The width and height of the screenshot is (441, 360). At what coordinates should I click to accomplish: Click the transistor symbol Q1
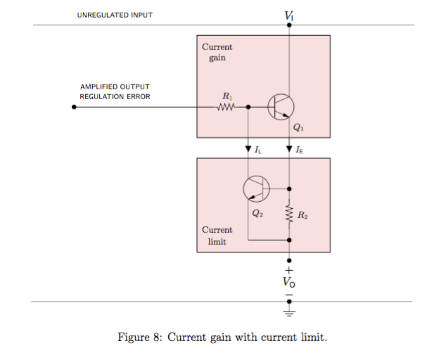pos(281,107)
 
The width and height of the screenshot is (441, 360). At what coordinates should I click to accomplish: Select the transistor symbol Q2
pos(255,188)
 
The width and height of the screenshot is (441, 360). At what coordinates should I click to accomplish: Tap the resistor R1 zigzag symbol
pos(226,107)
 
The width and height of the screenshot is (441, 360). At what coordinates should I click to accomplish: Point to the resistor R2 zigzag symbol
pos(289,214)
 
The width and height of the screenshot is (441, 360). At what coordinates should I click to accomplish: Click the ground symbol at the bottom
pos(289,307)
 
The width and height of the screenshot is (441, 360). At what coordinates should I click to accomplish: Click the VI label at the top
pos(289,15)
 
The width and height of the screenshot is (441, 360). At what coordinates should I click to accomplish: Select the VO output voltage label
pos(289,281)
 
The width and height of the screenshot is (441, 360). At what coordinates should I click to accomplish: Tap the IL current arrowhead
pos(248,149)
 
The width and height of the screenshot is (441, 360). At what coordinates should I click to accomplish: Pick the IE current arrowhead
pos(289,149)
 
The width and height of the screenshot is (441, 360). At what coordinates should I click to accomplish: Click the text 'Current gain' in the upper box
pos(217,52)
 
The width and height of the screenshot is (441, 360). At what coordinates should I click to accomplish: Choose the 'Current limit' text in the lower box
pos(217,236)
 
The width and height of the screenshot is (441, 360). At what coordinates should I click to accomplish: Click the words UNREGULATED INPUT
pos(115,15)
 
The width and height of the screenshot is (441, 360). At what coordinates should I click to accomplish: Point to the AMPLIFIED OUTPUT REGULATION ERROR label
pos(115,91)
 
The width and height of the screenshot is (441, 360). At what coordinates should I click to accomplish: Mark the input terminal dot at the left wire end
pos(74,107)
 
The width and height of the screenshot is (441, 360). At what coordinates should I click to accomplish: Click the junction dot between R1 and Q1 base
pos(248,107)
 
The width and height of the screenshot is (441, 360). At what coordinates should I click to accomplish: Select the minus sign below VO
pos(289,293)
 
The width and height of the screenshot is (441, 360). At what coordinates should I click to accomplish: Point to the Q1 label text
pos(298,128)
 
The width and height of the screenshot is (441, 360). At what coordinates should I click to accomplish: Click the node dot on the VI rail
pos(289,25)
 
